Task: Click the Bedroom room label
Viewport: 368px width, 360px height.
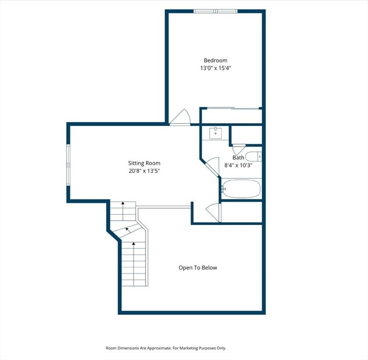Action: [215, 60]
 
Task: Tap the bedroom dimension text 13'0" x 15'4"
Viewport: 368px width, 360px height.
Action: [216, 68]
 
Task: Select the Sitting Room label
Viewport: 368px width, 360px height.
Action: [144, 163]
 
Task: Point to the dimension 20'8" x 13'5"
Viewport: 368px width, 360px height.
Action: [144, 171]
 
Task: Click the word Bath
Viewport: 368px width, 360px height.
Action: [238, 157]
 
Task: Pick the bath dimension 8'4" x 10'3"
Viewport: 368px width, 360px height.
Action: [238, 165]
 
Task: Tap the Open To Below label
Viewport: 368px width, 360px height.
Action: [198, 268]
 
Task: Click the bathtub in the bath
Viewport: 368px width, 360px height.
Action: [241, 188]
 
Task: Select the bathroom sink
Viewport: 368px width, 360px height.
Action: [216, 133]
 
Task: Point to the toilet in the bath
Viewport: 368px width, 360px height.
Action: [253, 157]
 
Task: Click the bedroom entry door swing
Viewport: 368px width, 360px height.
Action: [180, 117]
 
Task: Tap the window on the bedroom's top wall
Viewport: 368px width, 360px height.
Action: [215, 11]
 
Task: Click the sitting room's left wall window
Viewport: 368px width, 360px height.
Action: [69, 165]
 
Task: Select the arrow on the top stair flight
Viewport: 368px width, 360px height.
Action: [123, 211]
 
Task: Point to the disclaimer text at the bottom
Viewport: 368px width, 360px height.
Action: [166, 348]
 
